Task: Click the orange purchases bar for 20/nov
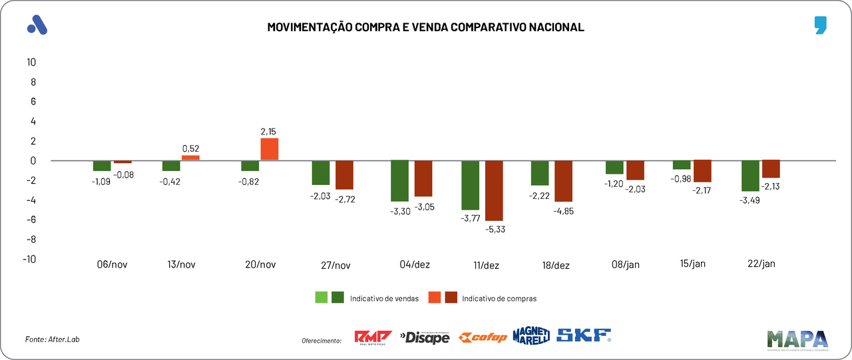pyautogui.click(x=270, y=149)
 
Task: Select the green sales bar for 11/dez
pyautogui.click(x=470, y=186)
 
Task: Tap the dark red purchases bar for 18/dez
pyautogui.click(x=563, y=181)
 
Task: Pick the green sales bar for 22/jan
pyautogui.click(x=749, y=176)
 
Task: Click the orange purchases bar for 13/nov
pyautogui.click(x=190, y=158)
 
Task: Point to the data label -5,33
pyautogui.click(x=495, y=230)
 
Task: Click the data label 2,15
pyautogui.click(x=269, y=132)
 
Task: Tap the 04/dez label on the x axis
pyautogui.click(x=415, y=264)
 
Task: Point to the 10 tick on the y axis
pyautogui.click(x=31, y=63)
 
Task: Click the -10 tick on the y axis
pyautogui.click(x=29, y=260)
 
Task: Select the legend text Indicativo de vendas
pyautogui.click(x=384, y=299)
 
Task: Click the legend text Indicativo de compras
pyautogui.click(x=499, y=299)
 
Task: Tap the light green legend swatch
pyautogui.click(x=321, y=298)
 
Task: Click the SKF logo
pyautogui.click(x=584, y=335)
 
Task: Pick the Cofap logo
pyautogui.click(x=484, y=337)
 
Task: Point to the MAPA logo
pyautogui.click(x=797, y=339)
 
